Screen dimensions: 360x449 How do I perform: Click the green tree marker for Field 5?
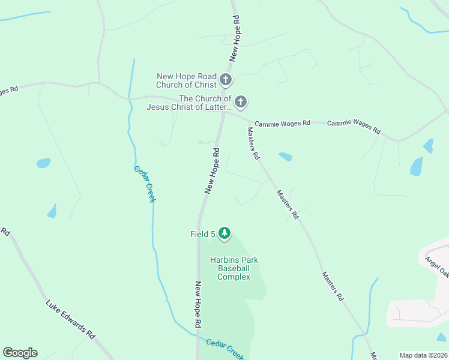(224, 233)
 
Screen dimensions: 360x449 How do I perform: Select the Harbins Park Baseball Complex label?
(234, 268)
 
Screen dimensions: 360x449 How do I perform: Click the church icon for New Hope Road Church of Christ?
(226, 79)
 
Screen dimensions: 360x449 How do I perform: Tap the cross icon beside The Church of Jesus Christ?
(240, 102)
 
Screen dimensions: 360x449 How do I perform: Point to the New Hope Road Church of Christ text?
(186, 80)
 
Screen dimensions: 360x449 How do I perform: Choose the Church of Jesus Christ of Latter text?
(188, 103)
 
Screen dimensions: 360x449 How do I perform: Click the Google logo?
(20, 353)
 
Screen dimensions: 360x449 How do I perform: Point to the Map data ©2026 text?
(423, 355)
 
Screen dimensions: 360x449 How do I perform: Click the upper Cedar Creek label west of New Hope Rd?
(145, 184)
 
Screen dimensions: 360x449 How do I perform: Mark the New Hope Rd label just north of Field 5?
(212, 172)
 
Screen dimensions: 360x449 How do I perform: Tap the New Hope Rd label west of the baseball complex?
(197, 305)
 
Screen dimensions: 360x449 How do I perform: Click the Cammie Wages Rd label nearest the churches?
(282, 123)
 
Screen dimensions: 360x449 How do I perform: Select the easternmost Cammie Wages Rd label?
(354, 127)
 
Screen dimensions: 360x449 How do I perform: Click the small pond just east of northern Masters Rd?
(286, 157)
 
